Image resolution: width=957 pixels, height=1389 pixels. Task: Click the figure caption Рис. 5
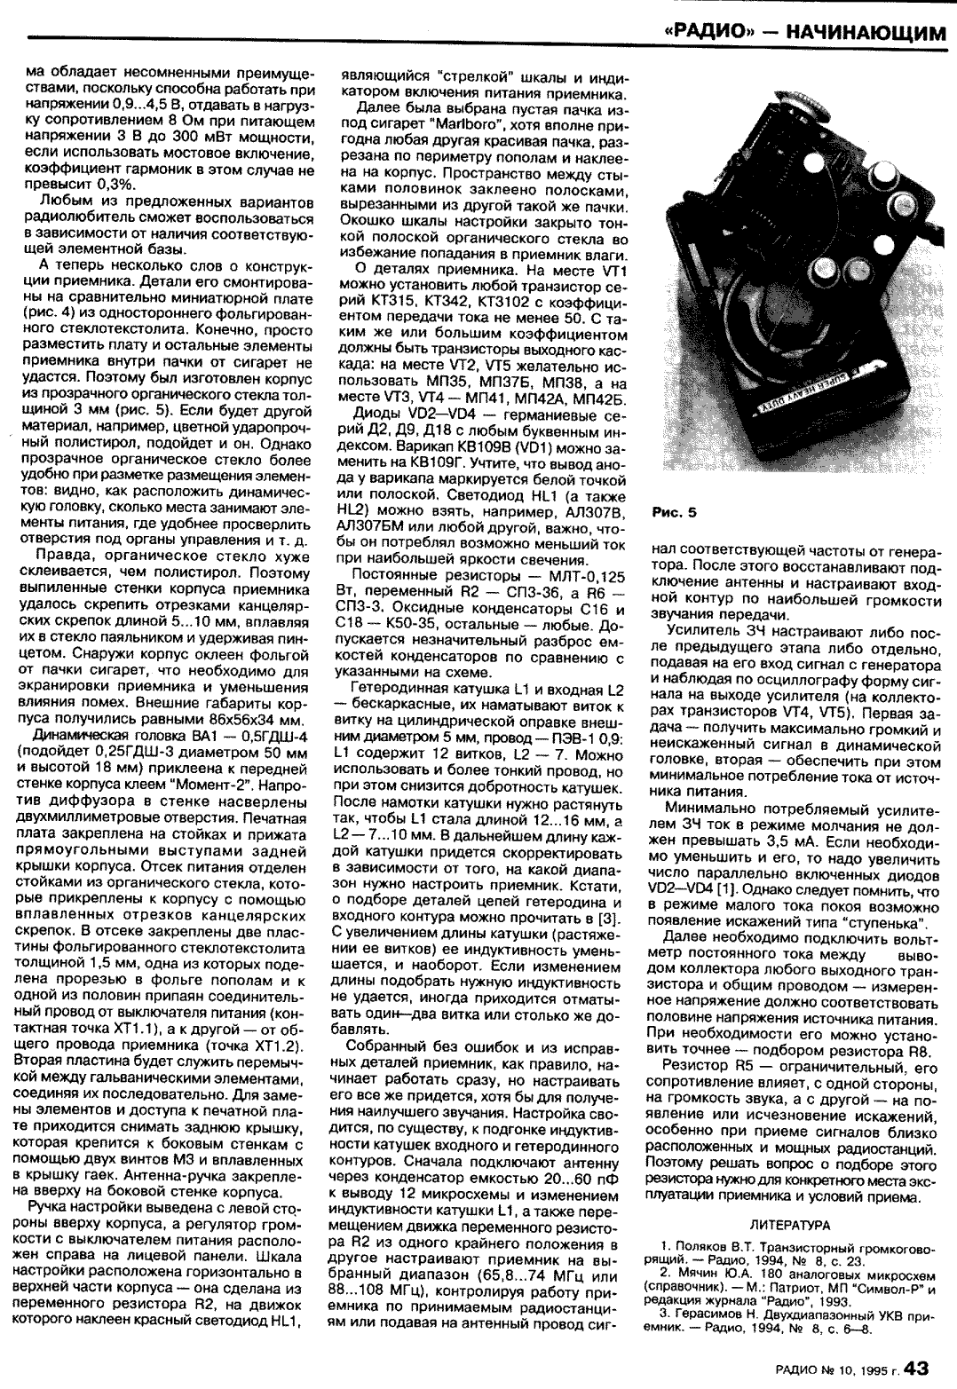point(675,512)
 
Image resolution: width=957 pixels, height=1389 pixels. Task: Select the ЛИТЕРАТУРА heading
point(790,1225)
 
